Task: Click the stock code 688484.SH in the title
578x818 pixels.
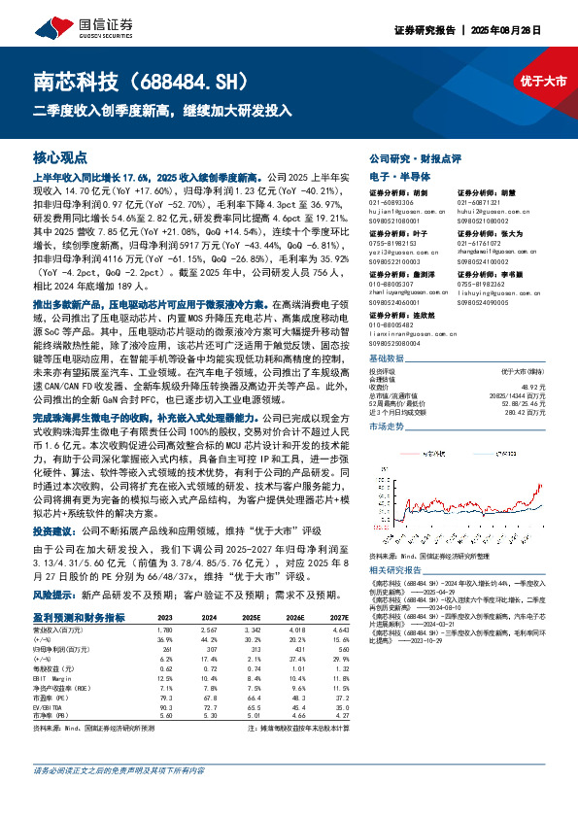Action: point(174,80)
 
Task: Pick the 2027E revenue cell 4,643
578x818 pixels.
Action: point(338,630)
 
